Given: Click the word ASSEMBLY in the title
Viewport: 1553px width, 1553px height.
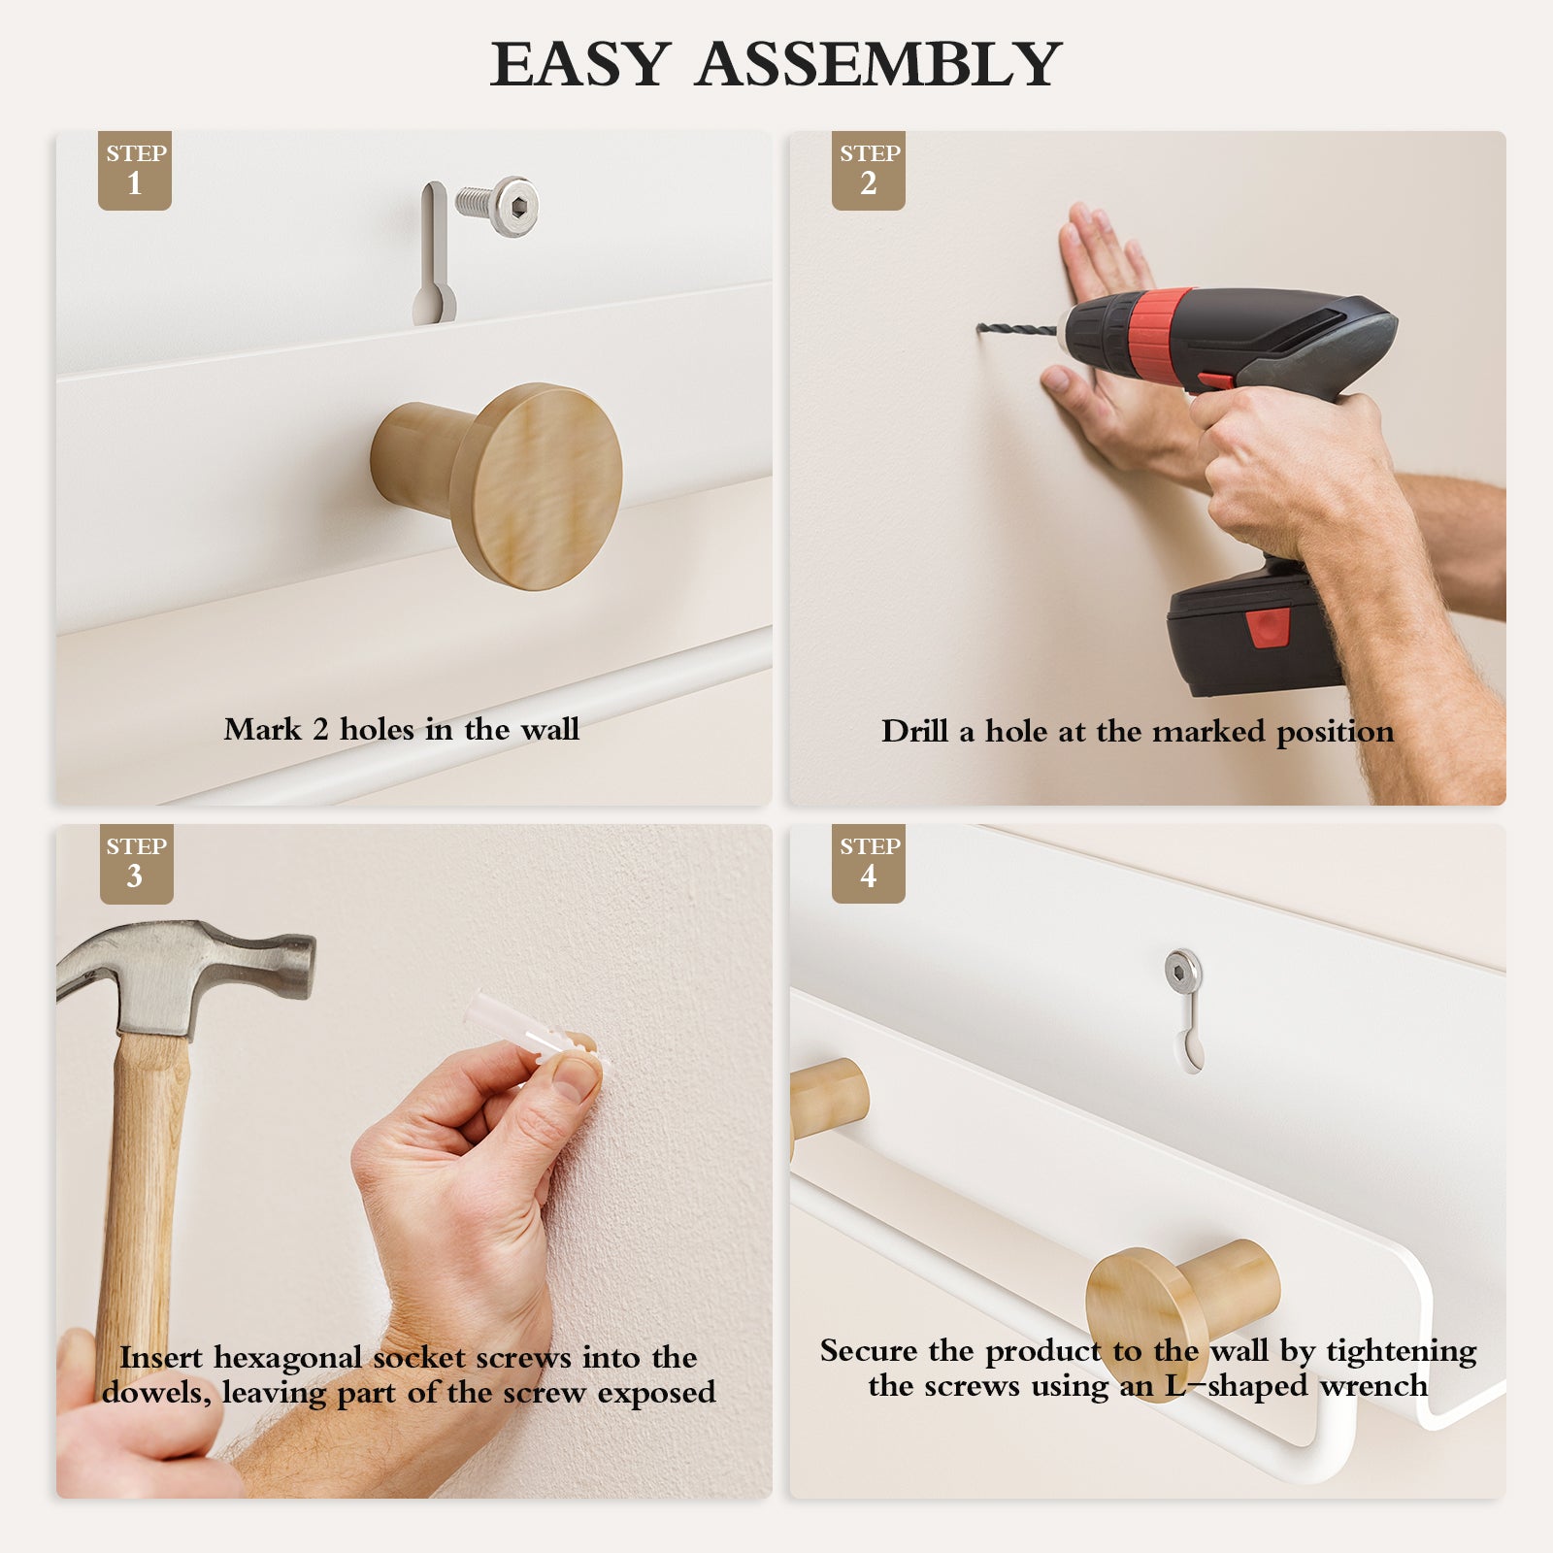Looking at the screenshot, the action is click(x=877, y=64).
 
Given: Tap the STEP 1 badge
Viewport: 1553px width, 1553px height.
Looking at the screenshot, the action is click(x=135, y=170).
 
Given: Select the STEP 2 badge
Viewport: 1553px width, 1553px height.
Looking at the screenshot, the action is click(x=869, y=170).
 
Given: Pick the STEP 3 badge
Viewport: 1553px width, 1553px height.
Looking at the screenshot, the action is click(x=137, y=864).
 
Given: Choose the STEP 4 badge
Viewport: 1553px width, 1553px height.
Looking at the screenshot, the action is click(x=869, y=864).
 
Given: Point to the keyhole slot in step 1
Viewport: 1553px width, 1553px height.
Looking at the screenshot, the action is click(x=434, y=253).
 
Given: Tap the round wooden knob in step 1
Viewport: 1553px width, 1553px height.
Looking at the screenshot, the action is click(x=497, y=485).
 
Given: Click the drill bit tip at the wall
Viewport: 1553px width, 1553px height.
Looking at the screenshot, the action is click(x=979, y=329).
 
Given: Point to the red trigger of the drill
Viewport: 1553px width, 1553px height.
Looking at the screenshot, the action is click(x=1215, y=381).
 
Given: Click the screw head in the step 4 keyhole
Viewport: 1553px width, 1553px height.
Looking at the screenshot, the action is click(x=1183, y=971).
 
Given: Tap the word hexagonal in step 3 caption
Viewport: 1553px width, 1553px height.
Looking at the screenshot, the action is click(x=287, y=1358).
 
